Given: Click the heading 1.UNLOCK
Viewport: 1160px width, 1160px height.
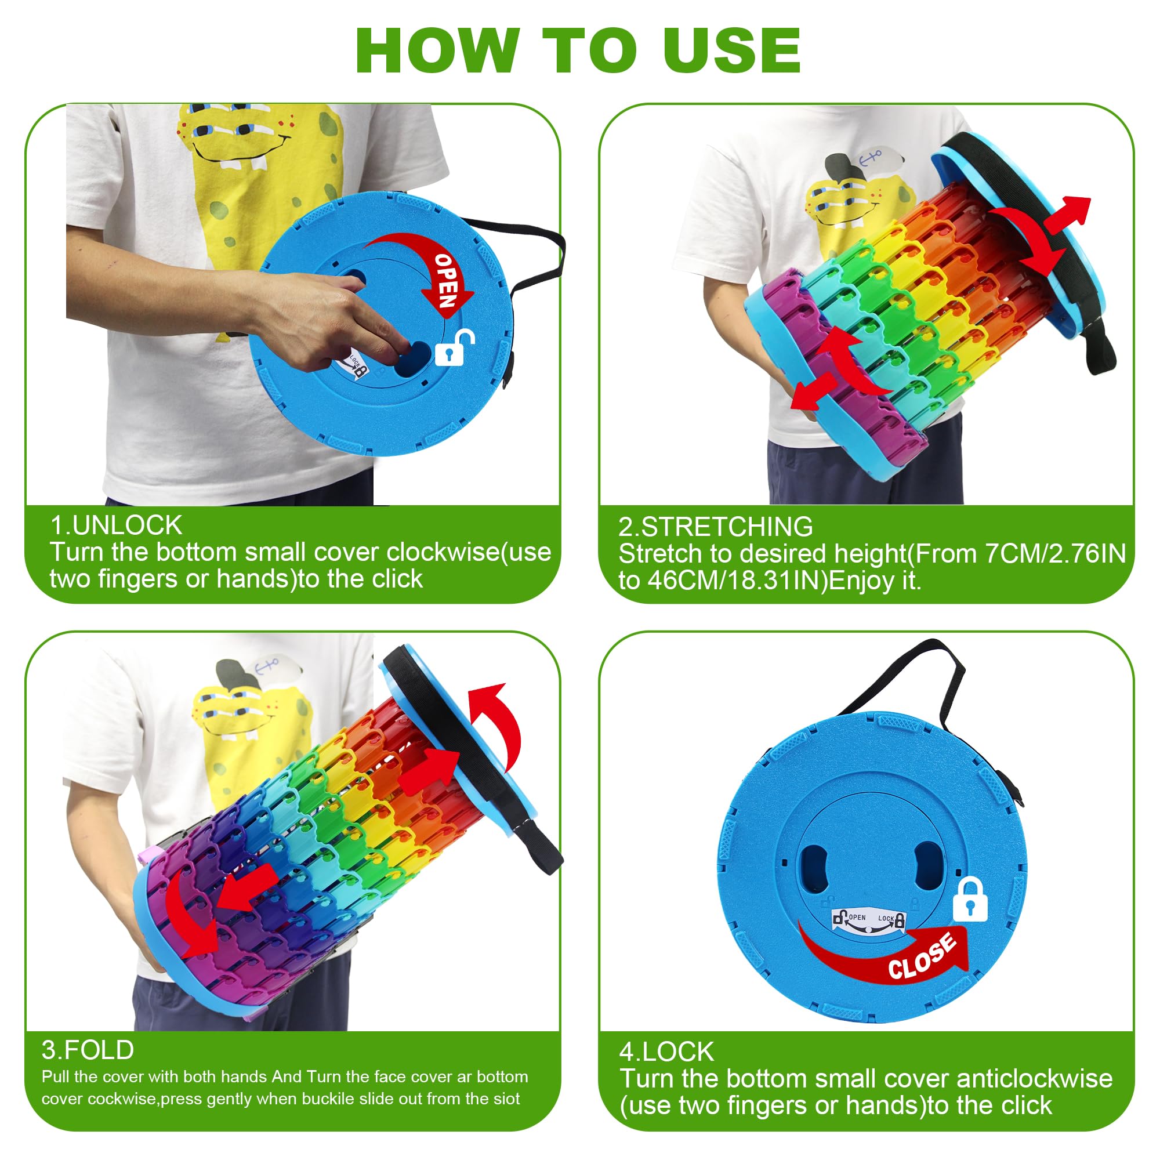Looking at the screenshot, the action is point(116,525).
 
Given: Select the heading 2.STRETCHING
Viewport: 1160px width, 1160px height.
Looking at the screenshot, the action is point(716,527).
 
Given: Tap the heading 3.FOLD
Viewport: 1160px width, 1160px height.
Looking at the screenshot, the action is point(88,1050).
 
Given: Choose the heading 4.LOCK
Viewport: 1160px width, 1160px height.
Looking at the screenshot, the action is point(666,1052).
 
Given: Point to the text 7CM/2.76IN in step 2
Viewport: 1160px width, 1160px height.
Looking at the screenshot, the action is point(1056,553).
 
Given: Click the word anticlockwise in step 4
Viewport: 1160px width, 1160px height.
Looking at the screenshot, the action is point(1035,1079).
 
